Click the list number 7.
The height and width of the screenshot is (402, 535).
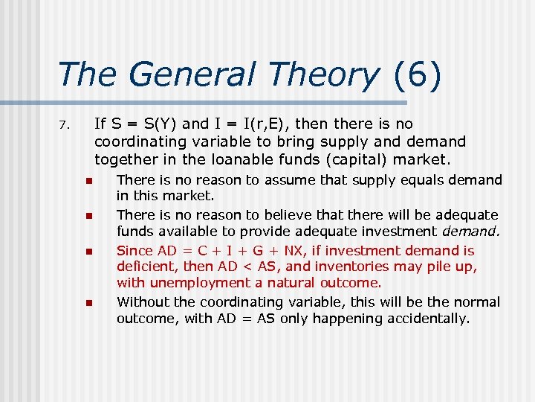(x=63, y=125)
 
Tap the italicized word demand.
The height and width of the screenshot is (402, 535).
(x=473, y=232)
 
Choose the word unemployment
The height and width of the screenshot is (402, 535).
(x=192, y=283)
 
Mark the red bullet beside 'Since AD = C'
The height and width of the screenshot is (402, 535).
(x=88, y=252)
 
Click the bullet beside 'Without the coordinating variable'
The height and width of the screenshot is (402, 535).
(x=88, y=303)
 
